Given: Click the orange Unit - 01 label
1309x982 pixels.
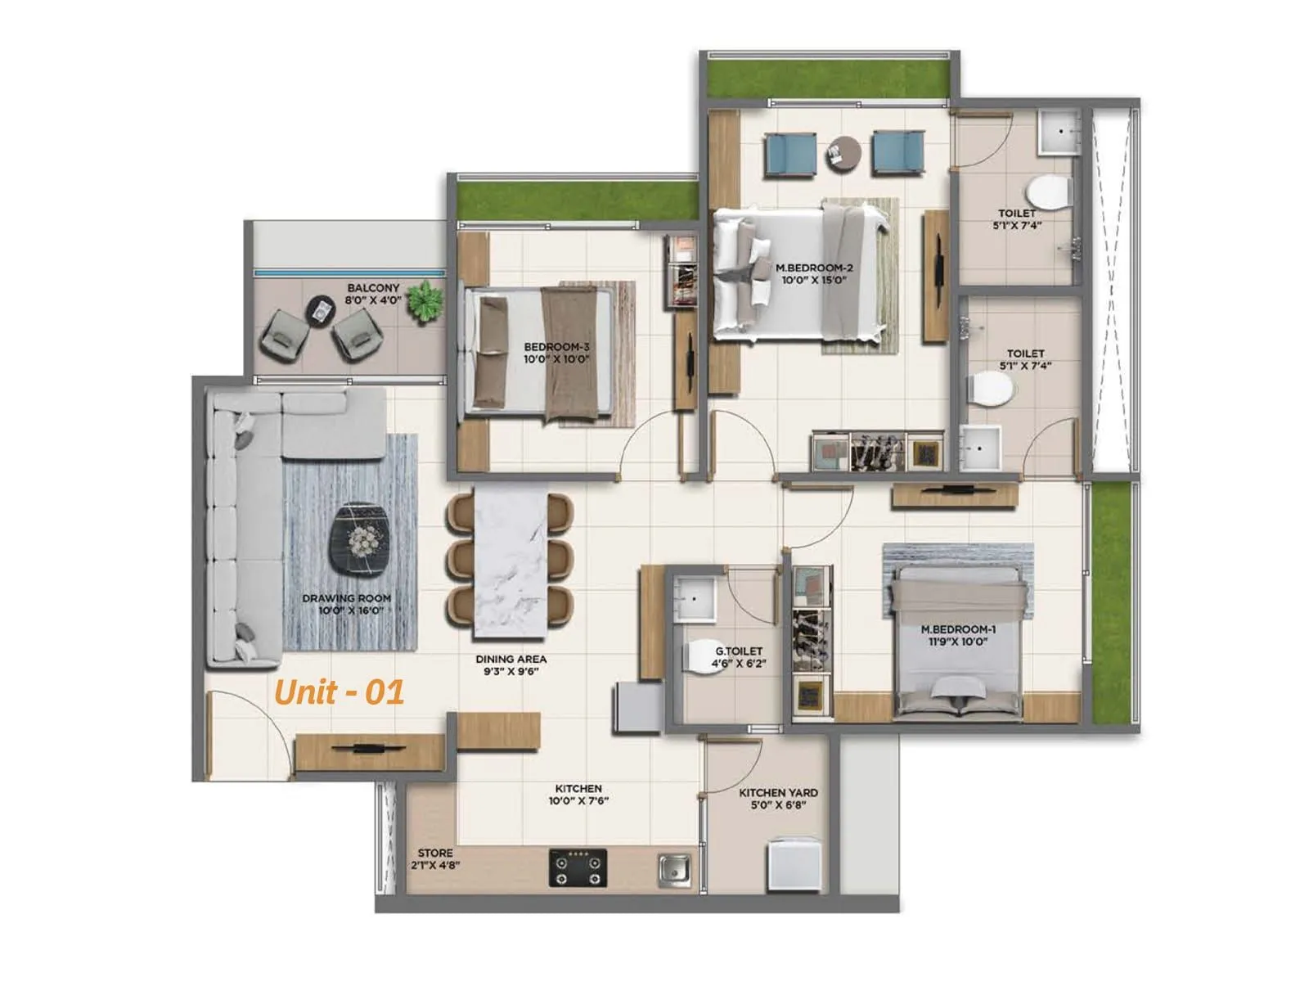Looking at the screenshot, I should tap(339, 692).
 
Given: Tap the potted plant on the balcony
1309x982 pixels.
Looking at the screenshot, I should tap(425, 300).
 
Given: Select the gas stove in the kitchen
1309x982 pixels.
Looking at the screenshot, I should tap(578, 868).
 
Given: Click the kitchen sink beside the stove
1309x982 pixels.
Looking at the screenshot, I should tap(675, 869).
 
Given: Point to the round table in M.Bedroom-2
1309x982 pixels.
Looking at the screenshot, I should tap(843, 153).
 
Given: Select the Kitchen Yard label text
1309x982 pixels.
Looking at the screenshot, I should tap(778, 793).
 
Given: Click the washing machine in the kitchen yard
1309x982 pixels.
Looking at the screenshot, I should tap(793, 864).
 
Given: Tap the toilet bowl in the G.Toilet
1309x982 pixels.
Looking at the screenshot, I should tap(703, 655).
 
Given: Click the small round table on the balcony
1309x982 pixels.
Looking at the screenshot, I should tap(320, 310).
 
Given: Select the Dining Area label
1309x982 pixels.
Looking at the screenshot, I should tap(511, 659).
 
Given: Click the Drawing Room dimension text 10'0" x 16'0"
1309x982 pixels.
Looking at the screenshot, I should tap(351, 610).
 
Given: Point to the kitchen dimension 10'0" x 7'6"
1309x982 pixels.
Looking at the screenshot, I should tap(579, 801).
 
